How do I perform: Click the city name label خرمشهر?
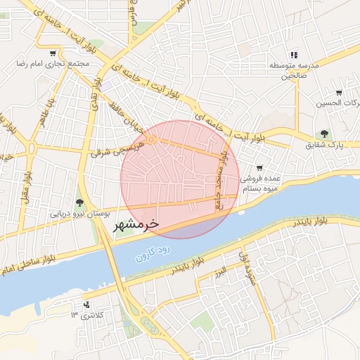(x=136, y=225)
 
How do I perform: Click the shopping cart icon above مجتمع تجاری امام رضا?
(x=53, y=53)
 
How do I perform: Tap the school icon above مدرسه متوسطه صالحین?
(x=294, y=54)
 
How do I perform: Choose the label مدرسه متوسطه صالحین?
(x=294, y=70)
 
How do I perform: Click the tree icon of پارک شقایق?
(x=324, y=134)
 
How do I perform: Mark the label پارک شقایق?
(x=324, y=145)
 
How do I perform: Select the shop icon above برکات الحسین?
(x=339, y=93)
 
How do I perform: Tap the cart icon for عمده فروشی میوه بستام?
(x=259, y=168)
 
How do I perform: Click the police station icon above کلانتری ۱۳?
(x=86, y=304)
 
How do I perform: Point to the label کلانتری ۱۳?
(x=86, y=314)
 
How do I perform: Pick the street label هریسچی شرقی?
(x=112, y=152)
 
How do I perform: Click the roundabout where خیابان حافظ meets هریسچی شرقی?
(x=151, y=140)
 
